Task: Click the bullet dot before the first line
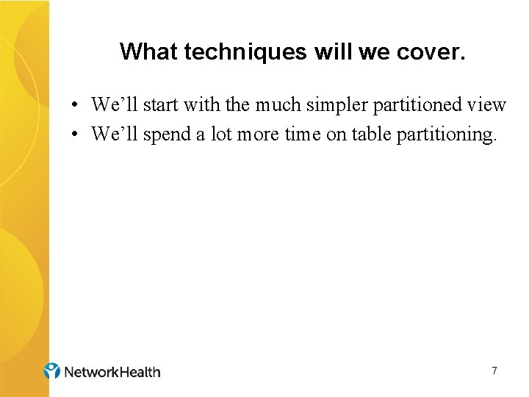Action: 76,105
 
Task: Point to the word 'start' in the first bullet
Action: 161,105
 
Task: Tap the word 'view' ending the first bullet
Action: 488,105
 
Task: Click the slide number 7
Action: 494,371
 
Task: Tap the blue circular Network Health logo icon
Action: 52,371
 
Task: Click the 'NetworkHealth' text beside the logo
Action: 112,372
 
